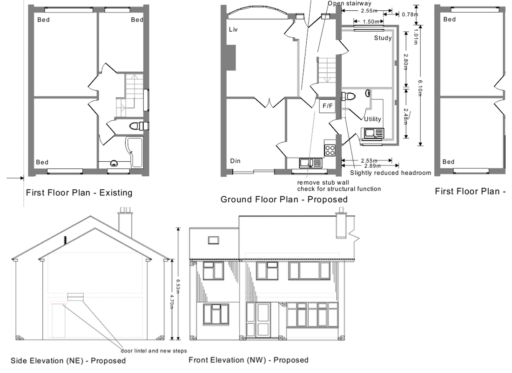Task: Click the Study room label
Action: point(383,38)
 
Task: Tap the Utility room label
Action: point(372,119)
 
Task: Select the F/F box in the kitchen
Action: point(328,106)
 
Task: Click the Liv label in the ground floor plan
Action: point(234,29)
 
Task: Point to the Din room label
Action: point(235,161)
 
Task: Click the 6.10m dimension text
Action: point(420,88)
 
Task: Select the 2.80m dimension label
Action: point(405,62)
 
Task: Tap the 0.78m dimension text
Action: point(410,14)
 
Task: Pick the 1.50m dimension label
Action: point(371,21)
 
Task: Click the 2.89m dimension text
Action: point(372,166)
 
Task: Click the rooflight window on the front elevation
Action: point(214,240)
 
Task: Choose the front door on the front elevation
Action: point(263,320)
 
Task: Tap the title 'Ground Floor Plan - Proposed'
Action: point(284,199)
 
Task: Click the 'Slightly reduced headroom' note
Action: point(391,173)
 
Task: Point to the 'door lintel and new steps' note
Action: point(154,351)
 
